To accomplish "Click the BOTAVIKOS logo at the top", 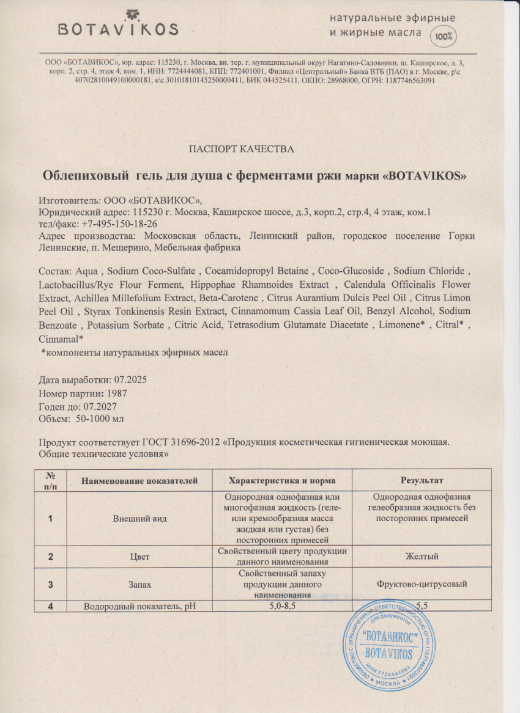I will point(119,24).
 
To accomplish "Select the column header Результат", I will point(422,480).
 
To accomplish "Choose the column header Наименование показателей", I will point(140,480).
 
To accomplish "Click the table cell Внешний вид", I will point(140,518).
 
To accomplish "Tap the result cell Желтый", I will point(422,557).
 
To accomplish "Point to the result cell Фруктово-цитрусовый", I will point(422,584).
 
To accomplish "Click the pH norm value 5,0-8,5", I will point(281,605).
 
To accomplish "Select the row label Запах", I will point(140,584).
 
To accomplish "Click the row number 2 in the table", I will point(50,557).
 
